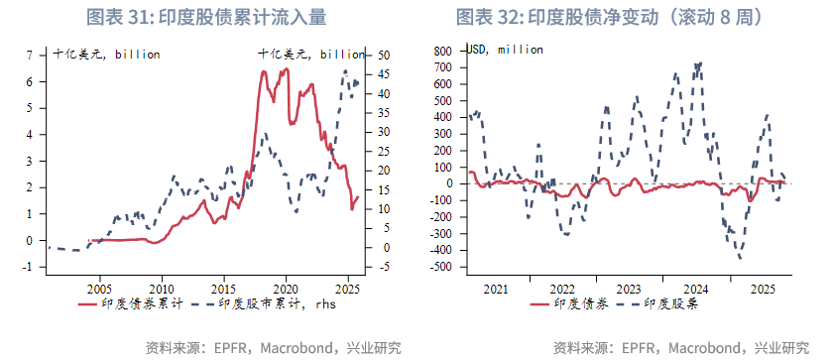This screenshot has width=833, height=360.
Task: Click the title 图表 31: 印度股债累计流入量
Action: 206,17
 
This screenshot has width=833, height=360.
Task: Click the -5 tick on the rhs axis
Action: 383,266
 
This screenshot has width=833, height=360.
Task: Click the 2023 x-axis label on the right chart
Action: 629,288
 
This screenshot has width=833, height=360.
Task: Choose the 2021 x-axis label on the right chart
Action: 496,288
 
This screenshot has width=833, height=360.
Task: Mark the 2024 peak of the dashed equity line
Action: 699,65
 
